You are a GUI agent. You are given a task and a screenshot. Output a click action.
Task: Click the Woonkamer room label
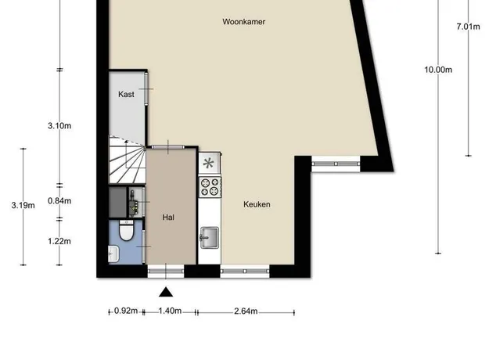coord(244,22)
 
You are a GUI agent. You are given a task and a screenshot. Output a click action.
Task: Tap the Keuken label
coord(257,204)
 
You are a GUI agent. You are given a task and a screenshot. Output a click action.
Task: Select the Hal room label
coord(168,218)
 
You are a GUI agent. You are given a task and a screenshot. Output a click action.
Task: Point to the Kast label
coord(126,94)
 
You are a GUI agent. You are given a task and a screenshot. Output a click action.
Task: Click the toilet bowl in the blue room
coord(126,231)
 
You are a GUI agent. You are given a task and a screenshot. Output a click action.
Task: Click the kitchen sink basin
coord(210,238)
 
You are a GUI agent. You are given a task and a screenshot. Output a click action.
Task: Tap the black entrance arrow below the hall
coord(166,292)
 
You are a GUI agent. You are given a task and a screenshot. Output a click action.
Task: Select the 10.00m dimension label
coord(438,70)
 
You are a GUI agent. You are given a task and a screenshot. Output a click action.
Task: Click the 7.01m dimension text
coord(468,27)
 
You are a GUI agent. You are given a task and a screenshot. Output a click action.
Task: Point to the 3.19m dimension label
coord(23,205)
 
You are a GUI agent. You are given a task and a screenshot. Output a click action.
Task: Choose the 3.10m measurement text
coord(59,126)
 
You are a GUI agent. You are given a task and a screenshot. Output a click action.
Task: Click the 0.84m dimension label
coord(59,201)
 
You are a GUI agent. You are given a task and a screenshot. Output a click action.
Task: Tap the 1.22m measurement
coord(59,241)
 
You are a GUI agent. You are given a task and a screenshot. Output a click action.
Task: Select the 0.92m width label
coord(126,311)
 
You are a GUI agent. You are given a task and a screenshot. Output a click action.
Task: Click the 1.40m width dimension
coord(170,311)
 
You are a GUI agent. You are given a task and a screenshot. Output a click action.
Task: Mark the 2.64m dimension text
coord(246,311)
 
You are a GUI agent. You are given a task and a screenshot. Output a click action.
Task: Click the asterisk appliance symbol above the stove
coord(208,163)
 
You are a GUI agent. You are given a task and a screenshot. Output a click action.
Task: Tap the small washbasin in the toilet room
coord(113,254)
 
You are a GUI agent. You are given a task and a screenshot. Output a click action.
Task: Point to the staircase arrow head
coord(126,142)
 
